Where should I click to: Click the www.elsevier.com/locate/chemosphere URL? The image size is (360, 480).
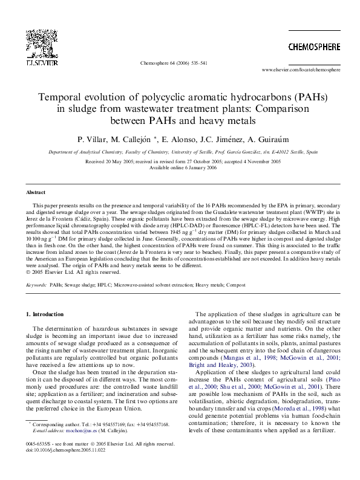tap(301, 70)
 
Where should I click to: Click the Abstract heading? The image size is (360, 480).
tap(36, 192)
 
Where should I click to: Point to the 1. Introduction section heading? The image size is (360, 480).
tap(44, 314)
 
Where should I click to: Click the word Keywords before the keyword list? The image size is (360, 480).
tap(35, 283)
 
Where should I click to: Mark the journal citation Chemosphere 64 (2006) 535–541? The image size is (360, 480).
tap(173, 62)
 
